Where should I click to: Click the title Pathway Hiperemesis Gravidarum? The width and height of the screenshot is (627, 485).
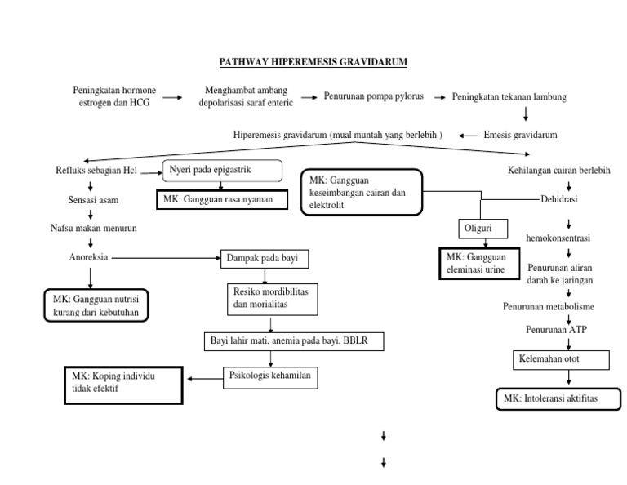[x=313, y=62]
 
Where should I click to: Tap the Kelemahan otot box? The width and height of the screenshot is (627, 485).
[x=563, y=360]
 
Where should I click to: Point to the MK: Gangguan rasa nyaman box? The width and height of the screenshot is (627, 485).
[x=222, y=199]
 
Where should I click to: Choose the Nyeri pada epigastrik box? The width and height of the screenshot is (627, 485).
[x=222, y=171]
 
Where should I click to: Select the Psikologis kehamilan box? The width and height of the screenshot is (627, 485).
[x=270, y=376]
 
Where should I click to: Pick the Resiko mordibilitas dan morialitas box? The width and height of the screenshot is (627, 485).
[x=270, y=298]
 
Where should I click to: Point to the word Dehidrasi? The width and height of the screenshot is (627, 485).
[x=564, y=198]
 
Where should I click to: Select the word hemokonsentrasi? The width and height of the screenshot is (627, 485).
[x=559, y=238]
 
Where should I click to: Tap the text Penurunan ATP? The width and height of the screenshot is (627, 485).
[x=559, y=330]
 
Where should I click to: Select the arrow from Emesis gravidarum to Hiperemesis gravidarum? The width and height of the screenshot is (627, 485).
[x=468, y=135]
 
